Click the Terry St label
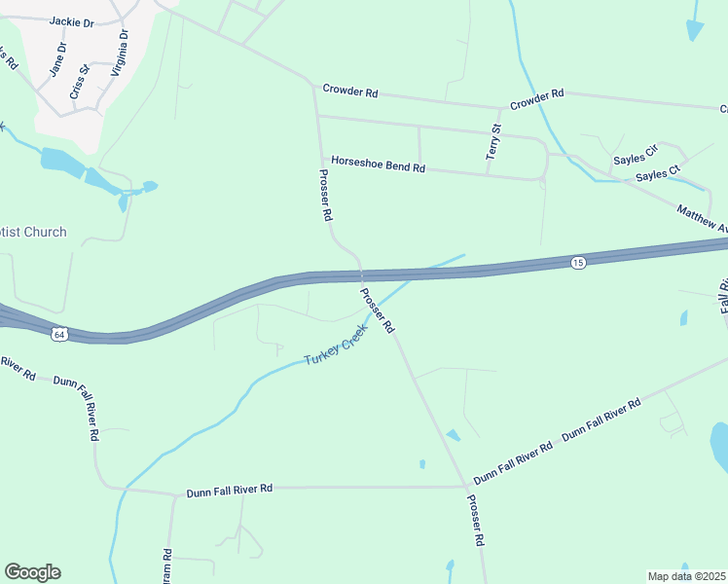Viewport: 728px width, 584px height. click(494, 142)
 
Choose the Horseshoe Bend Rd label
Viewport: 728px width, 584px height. click(378, 165)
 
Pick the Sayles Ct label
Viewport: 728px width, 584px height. click(657, 175)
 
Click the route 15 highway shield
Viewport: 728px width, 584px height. click(578, 264)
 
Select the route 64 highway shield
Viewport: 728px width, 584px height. click(60, 334)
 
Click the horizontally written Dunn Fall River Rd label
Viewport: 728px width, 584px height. click(230, 488)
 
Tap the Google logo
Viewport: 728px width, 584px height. click(32, 572)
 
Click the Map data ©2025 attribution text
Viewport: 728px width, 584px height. click(686, 576)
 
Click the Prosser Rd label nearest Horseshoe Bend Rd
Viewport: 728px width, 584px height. click(326, 196)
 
